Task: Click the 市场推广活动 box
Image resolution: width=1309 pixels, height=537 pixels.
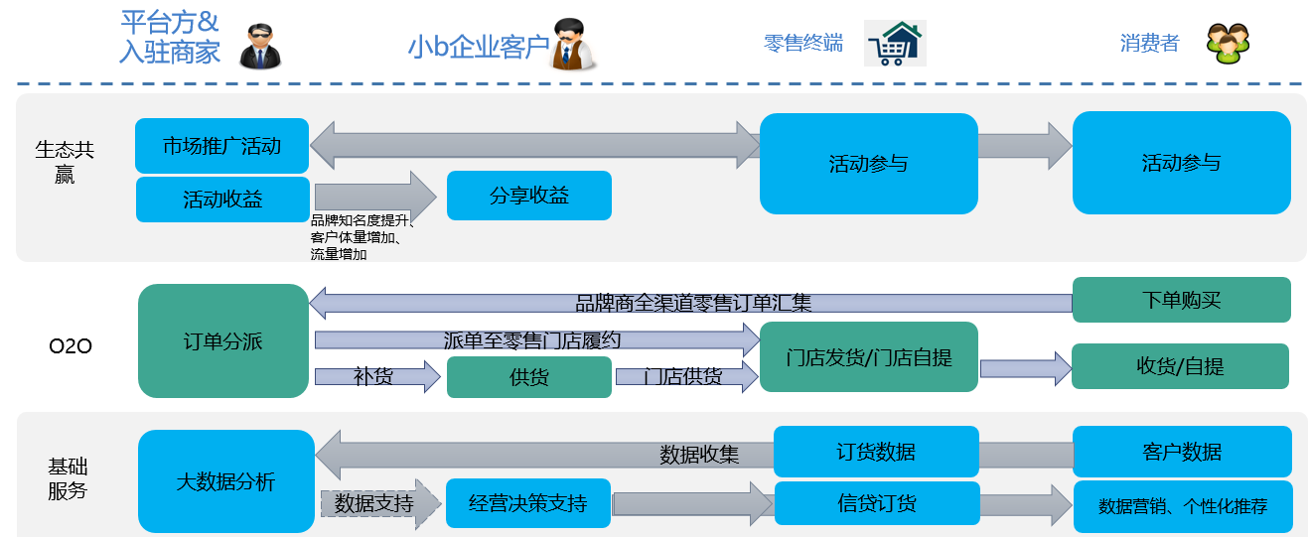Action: pyautogui.click(x=221, y=146)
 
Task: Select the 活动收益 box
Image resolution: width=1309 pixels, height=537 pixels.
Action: pyautogui.click(x=222, y=199)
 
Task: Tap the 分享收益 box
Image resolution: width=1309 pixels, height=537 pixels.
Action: pyautogui.click(x=528, y=196)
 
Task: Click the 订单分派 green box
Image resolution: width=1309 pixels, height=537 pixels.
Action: pyautogui.click(x=223, y=341)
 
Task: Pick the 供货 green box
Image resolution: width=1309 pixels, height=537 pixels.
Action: pyautogui.click(x=528, y=377)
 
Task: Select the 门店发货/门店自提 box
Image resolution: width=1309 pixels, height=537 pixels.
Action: pyautogui.click(x=868, y=357)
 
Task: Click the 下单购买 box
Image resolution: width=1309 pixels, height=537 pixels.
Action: pyautogui.click(x=1181, y=300)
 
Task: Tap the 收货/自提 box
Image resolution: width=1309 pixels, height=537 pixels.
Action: pyautogui.click(x=1180, y=366)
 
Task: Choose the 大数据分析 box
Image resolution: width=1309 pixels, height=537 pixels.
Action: pyautogui.click(x=225, y=482)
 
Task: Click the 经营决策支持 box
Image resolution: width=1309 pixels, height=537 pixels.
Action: pyautogui.click(x=527, y=503)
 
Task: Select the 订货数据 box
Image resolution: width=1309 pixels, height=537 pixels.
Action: pyautogui.click(x=875, y=452)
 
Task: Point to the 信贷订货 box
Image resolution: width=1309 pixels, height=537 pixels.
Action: pyautogui.click(x=876, y=503)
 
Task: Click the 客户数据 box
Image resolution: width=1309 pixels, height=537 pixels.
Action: pyautogui.click(x=1182, y=452)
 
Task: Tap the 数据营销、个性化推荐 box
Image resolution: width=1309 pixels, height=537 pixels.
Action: pyautogui.click(x=1182, y=506)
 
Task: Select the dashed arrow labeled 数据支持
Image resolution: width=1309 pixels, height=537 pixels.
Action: pyautogui.click(x=378, y=503)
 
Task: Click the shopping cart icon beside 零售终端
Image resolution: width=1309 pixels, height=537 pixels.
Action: pyautogui.click(x=894, y=43)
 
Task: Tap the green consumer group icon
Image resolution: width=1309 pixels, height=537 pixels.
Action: pyautogui.click(x=1228, y=42)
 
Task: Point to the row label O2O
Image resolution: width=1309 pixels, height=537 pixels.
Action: pyautogui.click(x=71, y=346)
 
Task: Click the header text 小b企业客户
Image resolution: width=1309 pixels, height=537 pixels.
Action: pyautogui.click(x=478, y=46)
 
